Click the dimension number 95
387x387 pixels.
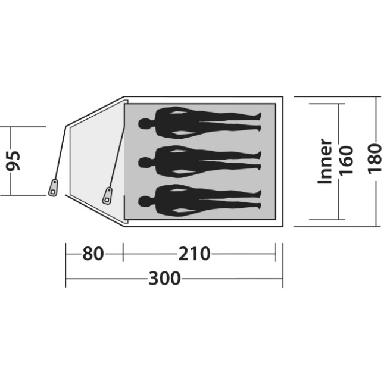click(x=13, y=161)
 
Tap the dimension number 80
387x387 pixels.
click(x=93, y=254)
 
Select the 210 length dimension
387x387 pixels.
click(x=194, y=254)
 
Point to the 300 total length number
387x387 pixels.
click(x=164, y=279)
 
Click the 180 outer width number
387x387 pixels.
click(x=374, y=159)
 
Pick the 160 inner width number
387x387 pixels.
click(x=346, y=161)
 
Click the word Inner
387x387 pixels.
click(x=324, y=161)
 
